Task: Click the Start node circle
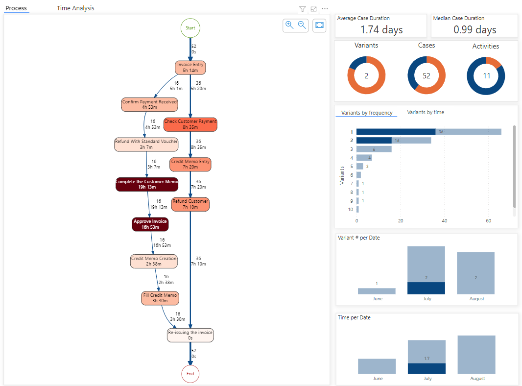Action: tap(190, 28)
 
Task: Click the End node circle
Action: tap(190, 374)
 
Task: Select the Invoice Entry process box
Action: tap(190, 68)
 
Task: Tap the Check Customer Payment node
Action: tap(190, 124)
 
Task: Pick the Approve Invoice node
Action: tap(151, 224)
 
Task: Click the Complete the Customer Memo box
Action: tap(147, 184)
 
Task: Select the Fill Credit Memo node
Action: tap(160, 298)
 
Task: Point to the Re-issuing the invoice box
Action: tap(190, 335)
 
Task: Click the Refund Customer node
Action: tap(190, 204)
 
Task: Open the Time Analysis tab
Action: tap(75, 8)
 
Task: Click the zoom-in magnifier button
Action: tap(289, 25)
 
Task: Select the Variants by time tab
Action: tap(426, 112)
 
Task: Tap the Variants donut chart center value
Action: tap(366, 75)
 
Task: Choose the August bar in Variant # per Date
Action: tap(475, 273)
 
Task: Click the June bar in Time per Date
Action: tap(377, 366)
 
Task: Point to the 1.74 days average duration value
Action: tap(381, 30)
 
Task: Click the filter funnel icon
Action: tap(302, 9)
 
